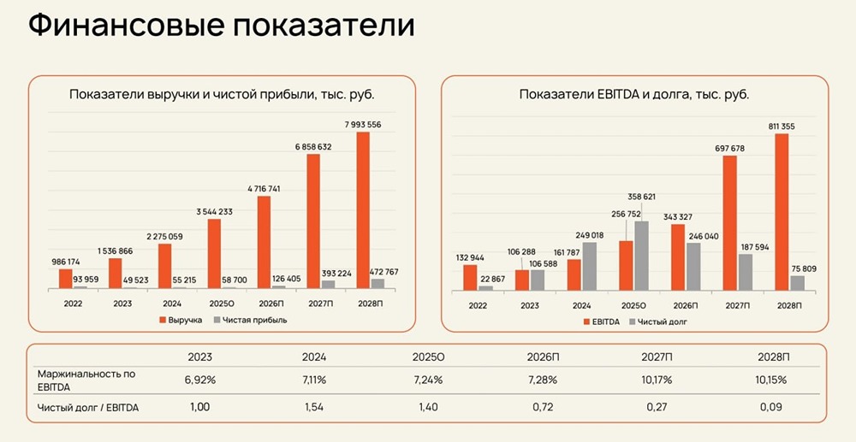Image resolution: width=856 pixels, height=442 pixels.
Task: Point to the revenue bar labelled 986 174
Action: tap(66, 279)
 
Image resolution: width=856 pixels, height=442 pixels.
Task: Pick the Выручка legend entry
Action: tap(180, 320)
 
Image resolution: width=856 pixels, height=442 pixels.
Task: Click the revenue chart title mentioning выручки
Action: tap(222, 94)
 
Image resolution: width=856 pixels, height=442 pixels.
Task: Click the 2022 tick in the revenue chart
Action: tap(74, 303)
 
